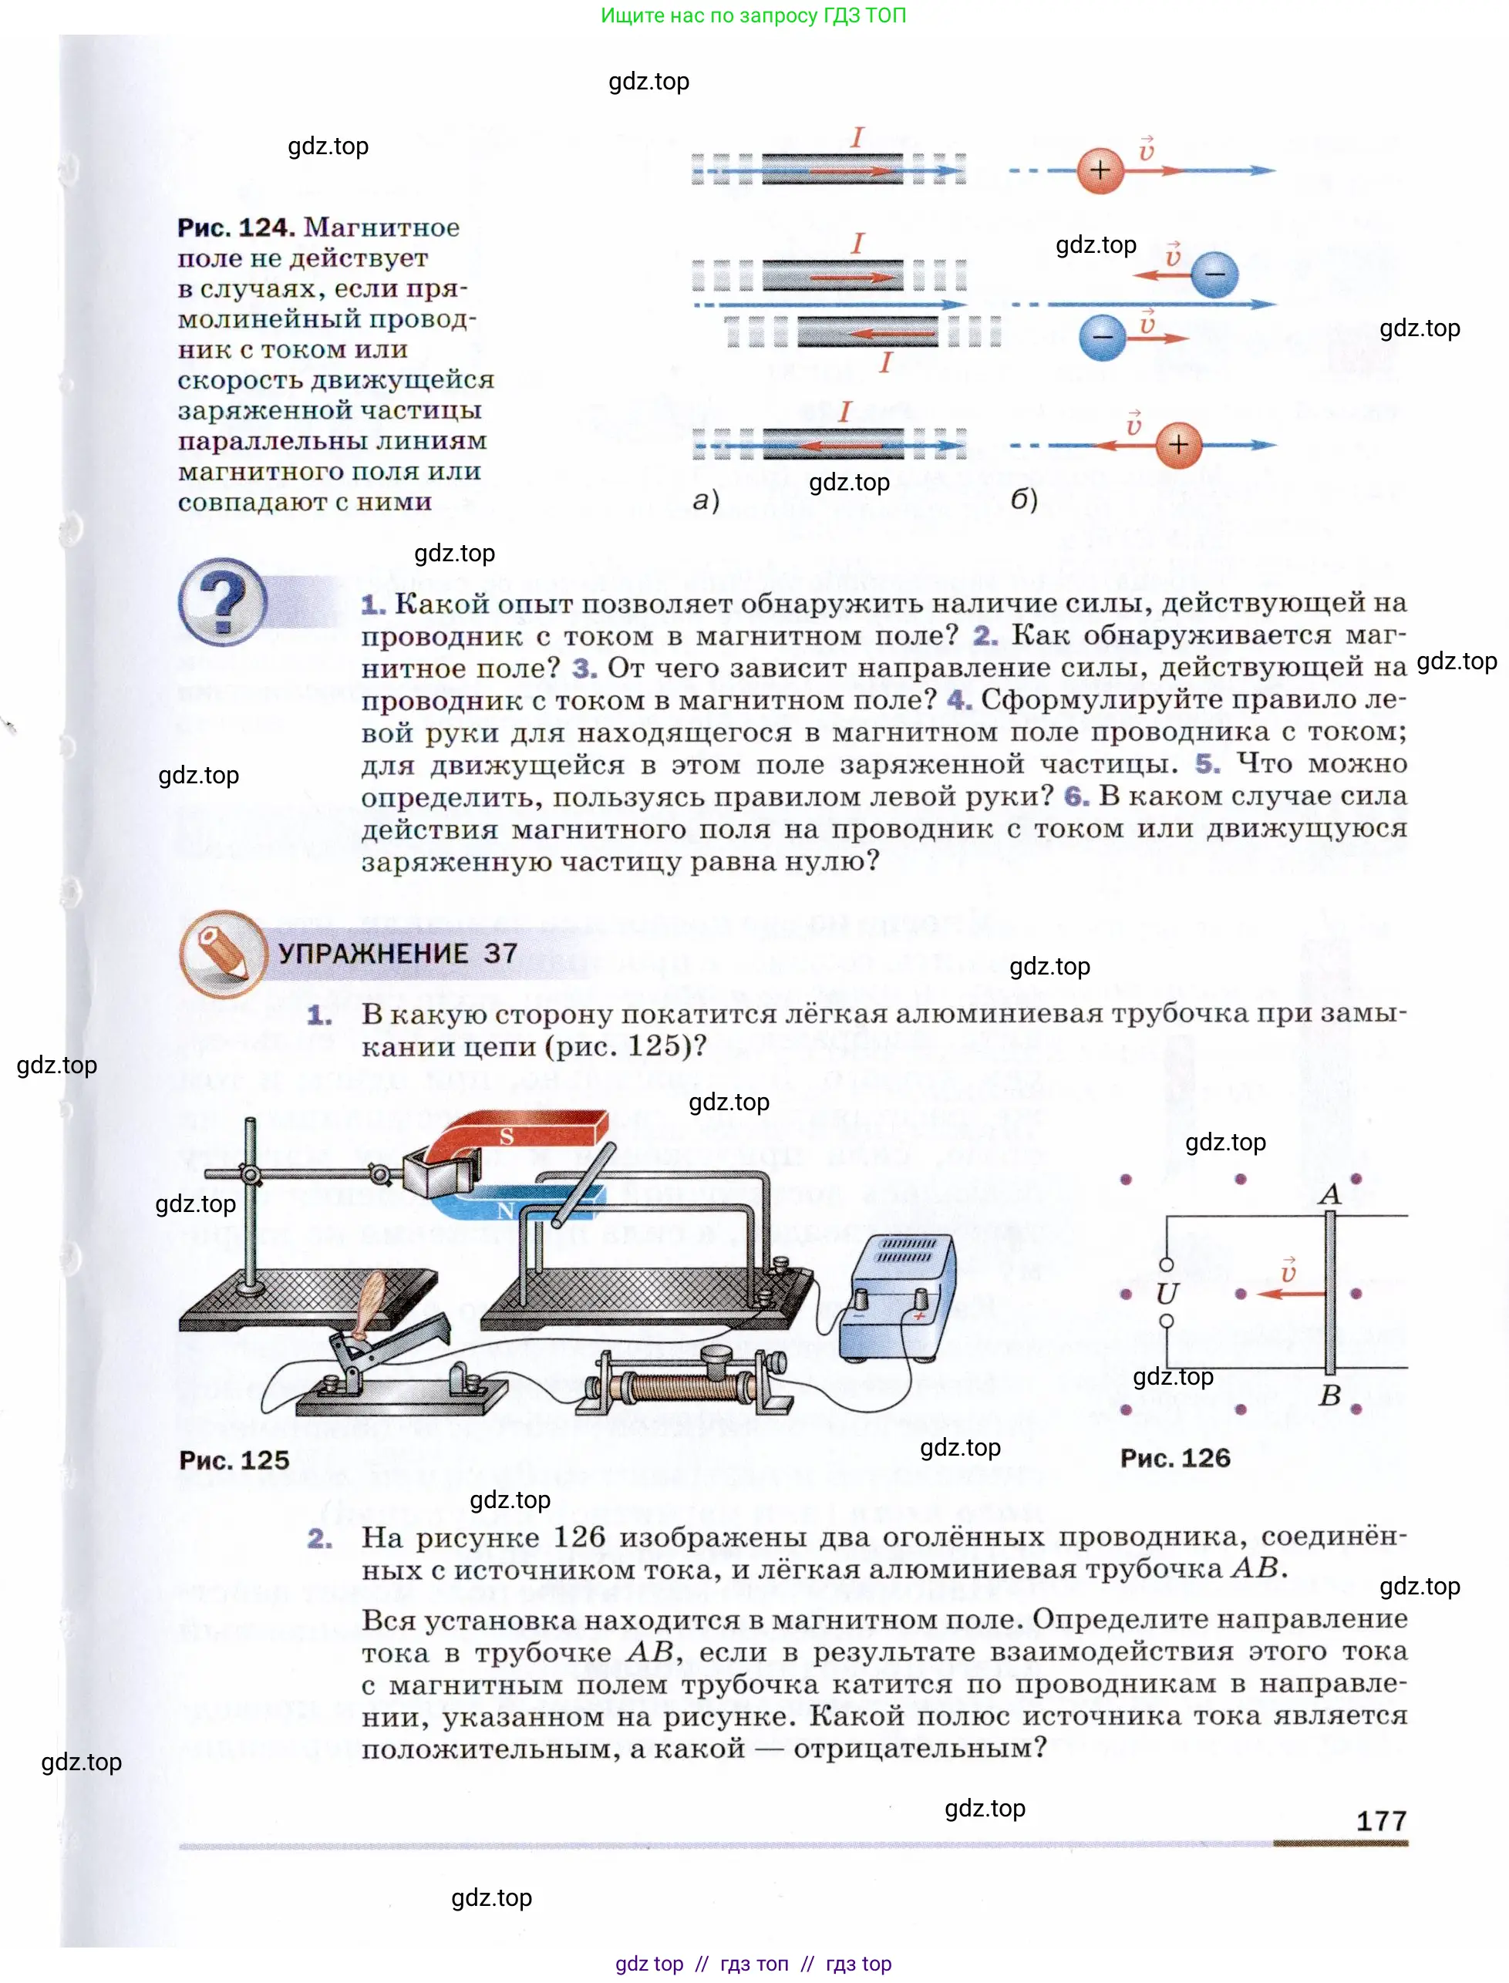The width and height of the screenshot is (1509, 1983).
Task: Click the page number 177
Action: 1380,1820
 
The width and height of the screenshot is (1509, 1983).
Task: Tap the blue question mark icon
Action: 223,601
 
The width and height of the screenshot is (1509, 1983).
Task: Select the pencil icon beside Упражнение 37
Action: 222,953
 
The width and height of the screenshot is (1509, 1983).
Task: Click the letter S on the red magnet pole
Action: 507,1136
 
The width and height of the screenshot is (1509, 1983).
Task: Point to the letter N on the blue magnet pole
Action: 505,1210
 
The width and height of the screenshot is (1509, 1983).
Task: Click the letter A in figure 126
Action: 1329,1194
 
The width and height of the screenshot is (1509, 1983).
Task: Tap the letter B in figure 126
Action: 1330,1395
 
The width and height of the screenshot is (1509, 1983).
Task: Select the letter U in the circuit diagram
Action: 1167,1293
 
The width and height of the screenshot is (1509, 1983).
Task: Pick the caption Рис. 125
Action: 234,1459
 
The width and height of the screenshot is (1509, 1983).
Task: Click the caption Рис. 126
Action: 1175,1458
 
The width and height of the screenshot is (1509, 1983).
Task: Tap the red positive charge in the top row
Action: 1100,170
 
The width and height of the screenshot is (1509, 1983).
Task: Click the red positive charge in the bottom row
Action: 1178,445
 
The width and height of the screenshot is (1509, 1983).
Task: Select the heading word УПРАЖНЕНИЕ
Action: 372,953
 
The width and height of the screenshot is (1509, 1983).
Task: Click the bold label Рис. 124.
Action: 235,227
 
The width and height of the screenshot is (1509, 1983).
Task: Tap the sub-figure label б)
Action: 1024,500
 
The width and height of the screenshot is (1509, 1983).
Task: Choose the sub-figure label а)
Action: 706,500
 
